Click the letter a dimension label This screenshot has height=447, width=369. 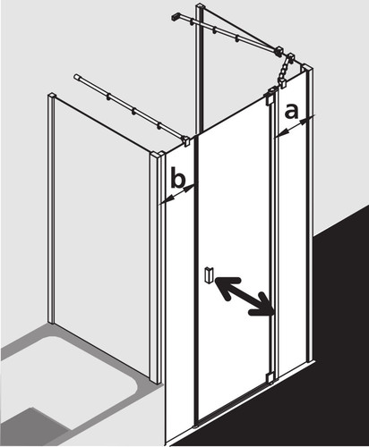pyautogui.click(x=291, y=112)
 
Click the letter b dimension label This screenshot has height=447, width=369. pyautogui.click(x=178, y=179)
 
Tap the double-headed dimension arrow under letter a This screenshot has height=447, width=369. pyautogui.click(x=294, y=128)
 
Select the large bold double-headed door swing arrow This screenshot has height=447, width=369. pyautogui.click(x=245, y=296)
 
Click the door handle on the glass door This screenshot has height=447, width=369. pyautogui.click(x=208, y=275)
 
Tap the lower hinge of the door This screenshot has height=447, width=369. pyautogui.click(x=271, y=377)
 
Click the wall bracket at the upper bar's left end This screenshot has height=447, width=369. pyautogui.click(x=176, y=17)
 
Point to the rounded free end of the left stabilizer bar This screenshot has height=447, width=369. pyautogui.click(x=76, y=77)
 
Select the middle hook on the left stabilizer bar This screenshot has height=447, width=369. pyautogui.click(x=134, y=111)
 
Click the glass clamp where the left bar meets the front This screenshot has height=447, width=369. pyautogui.click(x=186, y=140)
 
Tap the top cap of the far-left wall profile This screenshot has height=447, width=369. pyautogui.click(x=51, y=96)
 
